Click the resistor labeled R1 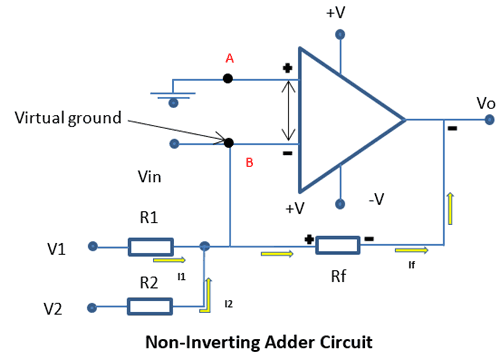pyautogui.click(x=151, y=246)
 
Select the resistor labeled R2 pyautogui.click(x=151, y=305)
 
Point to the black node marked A pyautogui.click(x=229, y=78)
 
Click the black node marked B pyautogui.click(x=229, y=143)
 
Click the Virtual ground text pyautogui.click(x=67, y=118)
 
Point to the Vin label pyautogui.click(x=150, y=176)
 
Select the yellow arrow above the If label pyautogui.click(x=411, y=251)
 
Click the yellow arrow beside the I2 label pyautogui.click(x=207, y=291)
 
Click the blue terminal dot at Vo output pyautogui.click(x=489, y=120)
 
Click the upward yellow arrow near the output pyautogui.click(x=449, y=207)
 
